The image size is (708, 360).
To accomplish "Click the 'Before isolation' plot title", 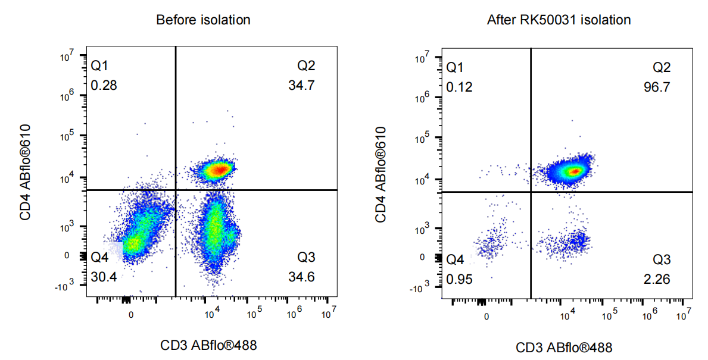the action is pos(203,20).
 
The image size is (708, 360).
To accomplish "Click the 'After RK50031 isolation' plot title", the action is pos(559,20).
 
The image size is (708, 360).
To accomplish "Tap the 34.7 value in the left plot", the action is pos(302,85).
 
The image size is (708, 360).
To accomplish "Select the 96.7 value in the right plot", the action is pos(657,87).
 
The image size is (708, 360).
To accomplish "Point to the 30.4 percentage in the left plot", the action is pos(104,277).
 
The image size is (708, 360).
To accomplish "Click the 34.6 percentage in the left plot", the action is pos(302,277).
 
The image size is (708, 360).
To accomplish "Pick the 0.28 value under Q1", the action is pos(104,85).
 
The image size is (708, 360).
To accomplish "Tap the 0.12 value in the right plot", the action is pos(459,87).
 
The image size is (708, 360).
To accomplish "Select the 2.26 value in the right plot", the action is pos(657,279).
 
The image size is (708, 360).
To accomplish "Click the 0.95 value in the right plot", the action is pos(459,279).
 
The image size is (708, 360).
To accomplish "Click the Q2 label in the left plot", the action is pos(306,66).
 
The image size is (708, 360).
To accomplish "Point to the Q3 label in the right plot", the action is pos(662,260).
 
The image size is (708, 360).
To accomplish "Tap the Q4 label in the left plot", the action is pos(100,258).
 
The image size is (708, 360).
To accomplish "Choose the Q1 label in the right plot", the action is pos(455,68).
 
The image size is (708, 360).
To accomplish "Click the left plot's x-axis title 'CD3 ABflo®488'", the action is pos(208,346).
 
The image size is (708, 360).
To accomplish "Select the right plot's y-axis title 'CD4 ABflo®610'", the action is pos(380,174).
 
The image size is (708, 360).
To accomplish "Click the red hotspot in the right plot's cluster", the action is pos(575,171).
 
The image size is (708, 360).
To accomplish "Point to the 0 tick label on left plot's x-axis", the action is pos(131,315).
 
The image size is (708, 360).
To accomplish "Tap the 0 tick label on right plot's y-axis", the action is pos(422,258).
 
